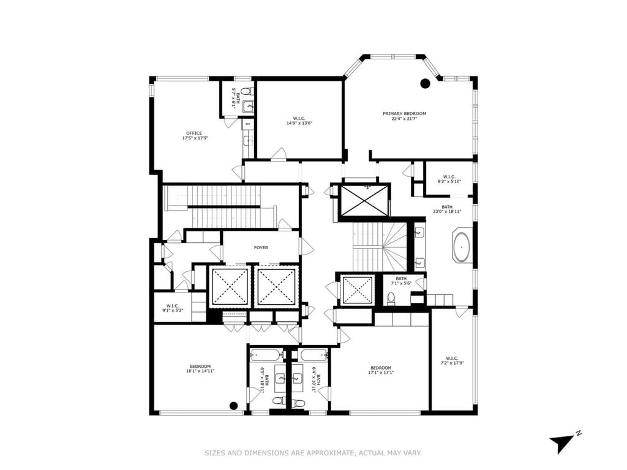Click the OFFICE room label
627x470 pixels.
tap(195, 135)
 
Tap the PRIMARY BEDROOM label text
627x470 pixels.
tap(404, 116)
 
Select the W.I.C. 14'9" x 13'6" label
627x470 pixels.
tap(299, 121)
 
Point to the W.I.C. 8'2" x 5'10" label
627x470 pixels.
tap(449, 179)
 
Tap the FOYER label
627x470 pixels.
tap(261, 247)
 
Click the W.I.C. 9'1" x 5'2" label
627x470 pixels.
tap(172, 308)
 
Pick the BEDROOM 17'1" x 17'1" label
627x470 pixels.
tap(380, 370)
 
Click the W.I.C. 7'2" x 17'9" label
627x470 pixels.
tap(452, 360)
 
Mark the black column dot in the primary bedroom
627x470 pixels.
tap(425, 84)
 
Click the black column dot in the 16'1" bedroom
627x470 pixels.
tap(233, 405)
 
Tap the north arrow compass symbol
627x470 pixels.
tap(561, 442)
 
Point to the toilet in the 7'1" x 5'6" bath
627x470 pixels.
tap(391, 298)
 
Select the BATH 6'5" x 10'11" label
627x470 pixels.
tap(263, 380)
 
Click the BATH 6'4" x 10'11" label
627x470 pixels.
tap(314, 380)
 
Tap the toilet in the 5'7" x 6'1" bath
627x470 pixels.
tap(246, 91)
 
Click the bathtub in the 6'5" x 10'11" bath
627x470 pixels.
tap(266, 354)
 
